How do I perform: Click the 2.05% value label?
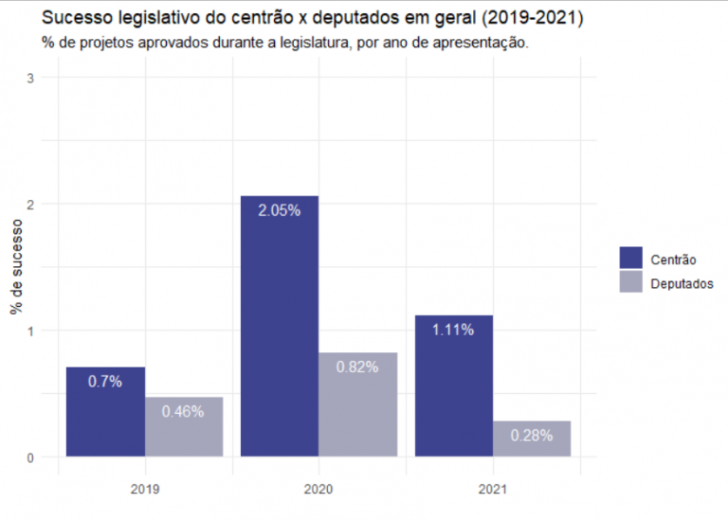click(280, 211)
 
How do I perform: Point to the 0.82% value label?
click(357, 367)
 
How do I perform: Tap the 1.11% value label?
click(453, 330)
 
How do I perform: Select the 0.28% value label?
click(531, 435)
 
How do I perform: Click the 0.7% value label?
click(105, 382)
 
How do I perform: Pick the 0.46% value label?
click(184, 411)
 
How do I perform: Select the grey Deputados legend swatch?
click(630, 282)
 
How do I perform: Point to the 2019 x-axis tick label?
click(145, 490)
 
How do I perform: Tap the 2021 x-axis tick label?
click(492, 490)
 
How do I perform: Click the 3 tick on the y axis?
click(31, 78)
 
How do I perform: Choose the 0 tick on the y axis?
click(31, 457)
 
